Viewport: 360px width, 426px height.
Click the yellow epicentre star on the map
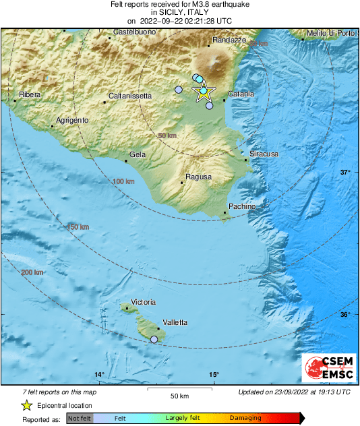(204, 93)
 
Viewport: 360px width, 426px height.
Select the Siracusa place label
(264, 154)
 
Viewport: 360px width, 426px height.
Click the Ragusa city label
(199, 177)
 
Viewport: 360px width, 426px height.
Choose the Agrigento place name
(72, 120)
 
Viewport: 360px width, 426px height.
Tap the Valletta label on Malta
(175, 323)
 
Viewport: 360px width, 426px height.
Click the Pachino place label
(242, 206)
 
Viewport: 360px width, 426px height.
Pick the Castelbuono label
(130, 32)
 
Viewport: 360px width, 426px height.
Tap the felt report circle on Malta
(154, 340)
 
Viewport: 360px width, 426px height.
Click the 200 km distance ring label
(32, 272)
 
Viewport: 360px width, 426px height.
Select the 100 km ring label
(123, 182)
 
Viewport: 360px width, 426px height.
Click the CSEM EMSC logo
(328, 369)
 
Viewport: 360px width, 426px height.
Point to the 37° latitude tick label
(345, 173)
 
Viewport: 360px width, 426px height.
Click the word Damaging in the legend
(245, 418)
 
